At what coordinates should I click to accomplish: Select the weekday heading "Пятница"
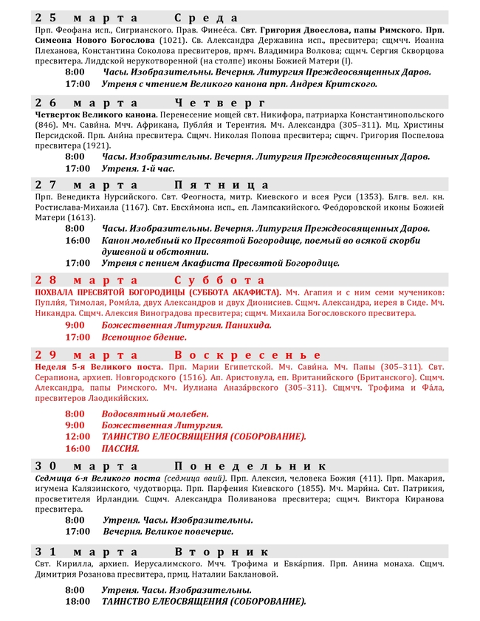coord(222,185)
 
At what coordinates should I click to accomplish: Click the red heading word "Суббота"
coord(219,280)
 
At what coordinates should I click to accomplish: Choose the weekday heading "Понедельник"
coord(250,466)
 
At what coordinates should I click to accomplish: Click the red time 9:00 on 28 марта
coord(75,325)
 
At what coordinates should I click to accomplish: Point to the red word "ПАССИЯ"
coord(120,448)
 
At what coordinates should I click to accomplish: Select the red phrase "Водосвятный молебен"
coord(155,414)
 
